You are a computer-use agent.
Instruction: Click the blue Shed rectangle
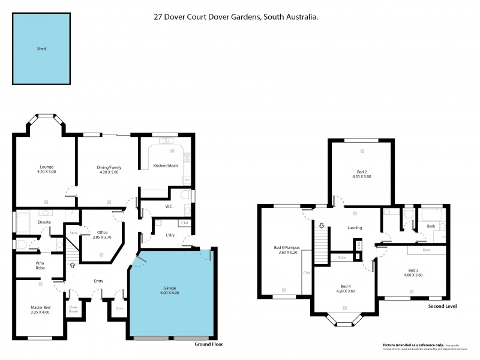click(41, 49)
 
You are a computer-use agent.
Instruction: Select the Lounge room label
click(46, 167)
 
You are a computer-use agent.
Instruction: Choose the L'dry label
click(170, 235)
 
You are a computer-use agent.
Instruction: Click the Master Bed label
click(40, 308)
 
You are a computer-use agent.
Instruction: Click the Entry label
click(98, 280)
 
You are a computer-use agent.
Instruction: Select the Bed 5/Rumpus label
click(286, 248)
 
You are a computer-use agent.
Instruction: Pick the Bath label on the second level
click(431, 226)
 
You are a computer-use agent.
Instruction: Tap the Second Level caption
click(442, 306)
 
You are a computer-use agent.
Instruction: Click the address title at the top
click(236, 17)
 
